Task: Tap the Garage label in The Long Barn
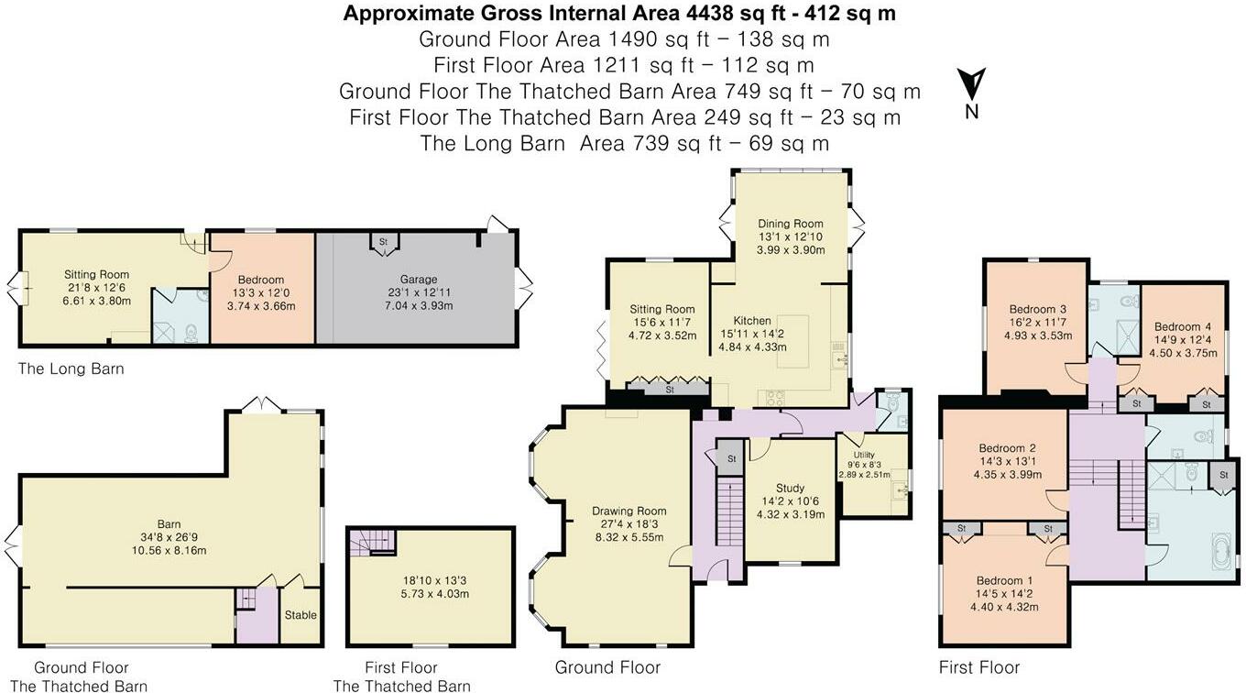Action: pyautogui.click(x=419, y=280)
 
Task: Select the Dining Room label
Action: pyautogui.click(x=791, y=224)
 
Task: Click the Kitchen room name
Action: pyautogui.click(x=752, y=321)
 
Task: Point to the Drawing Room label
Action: pyautogui.click(x=628, y=511)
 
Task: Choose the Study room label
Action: pyautogui.click(x=790, y=489)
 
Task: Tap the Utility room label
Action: pyautogui.click(x=864, y=455)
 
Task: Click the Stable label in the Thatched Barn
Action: pyautogui.click(x=301, y=615)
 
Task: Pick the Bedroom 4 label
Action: pyautogui.click(x=1183, y=326)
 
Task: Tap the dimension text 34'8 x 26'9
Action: pyautogui.click(x=169, y=538)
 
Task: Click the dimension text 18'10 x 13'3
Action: pyautogui.click(x=435, y=580)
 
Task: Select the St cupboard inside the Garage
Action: pyautogui.click(x=384, y=244)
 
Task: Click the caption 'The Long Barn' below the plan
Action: pyautogui.click(x=71, y=369)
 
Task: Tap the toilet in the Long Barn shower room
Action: pyautogui.click(x=191, y=333)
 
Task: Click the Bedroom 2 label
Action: pyautogui.click(x=1008, y=448)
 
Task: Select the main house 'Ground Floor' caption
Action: pyautogui.click(x=607, y=667)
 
